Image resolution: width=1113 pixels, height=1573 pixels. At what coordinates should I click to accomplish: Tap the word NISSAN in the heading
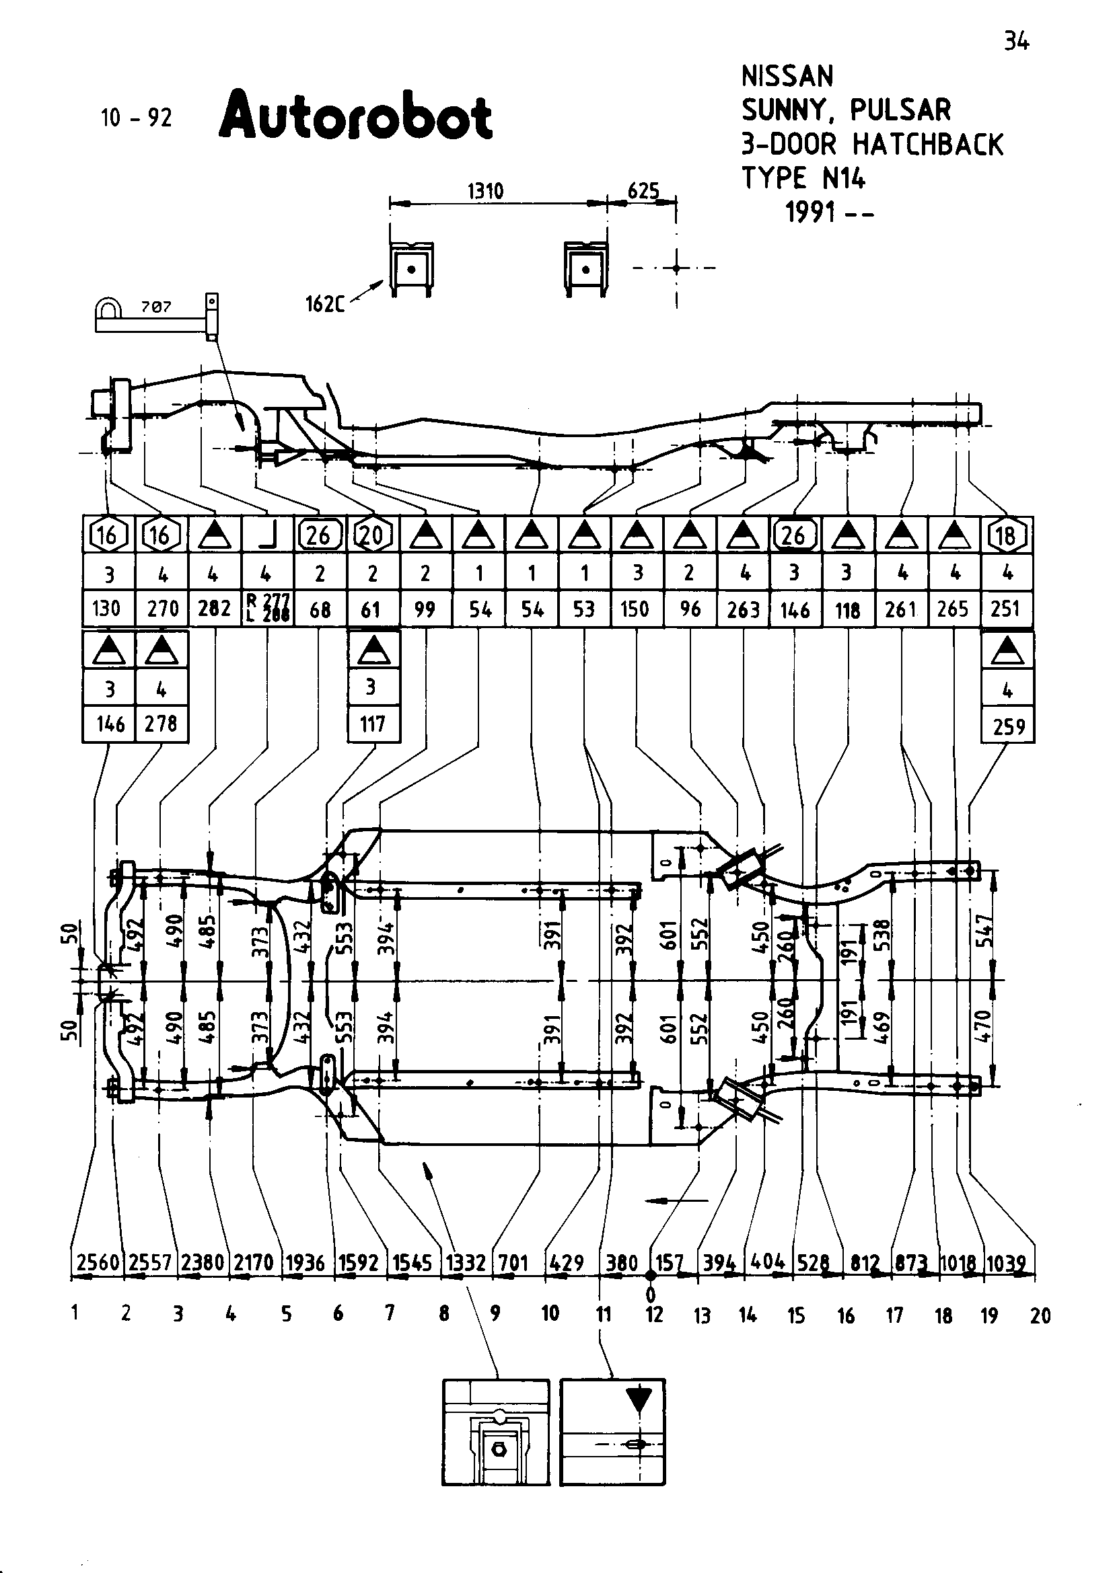point(787,76)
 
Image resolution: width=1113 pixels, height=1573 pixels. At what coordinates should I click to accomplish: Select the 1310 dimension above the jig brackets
point(485,190)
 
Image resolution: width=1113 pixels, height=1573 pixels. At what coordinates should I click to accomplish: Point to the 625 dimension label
point(643,190)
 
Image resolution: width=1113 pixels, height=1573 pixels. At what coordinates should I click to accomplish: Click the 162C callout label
point(324,303)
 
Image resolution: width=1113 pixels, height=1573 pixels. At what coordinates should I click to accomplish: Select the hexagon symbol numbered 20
point(372,535)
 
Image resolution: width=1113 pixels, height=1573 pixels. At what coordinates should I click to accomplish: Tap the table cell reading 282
point(214,609)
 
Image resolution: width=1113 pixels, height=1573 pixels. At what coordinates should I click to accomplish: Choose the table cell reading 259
point(1008,726)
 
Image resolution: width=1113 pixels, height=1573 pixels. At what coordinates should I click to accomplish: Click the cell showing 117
point(373,724)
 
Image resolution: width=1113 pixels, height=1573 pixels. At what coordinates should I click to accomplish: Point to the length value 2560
point(98,1262)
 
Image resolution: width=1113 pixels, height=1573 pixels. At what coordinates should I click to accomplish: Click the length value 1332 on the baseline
point(466,1262)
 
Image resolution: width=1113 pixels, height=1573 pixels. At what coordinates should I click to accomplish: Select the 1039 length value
point(1007,1262)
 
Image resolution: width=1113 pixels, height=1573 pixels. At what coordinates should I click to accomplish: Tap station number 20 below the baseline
point(1040,1315)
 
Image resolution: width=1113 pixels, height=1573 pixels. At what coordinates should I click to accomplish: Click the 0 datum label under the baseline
point(651,1294)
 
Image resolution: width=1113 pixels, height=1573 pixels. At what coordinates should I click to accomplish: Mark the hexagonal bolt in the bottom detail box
point(499,1450)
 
